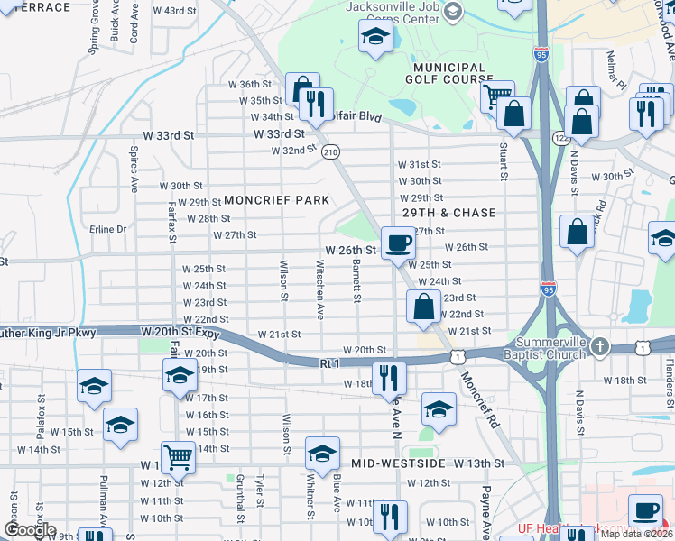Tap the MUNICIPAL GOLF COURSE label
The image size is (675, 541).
(x=448, y=73)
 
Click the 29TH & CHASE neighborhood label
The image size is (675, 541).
(x=449, y=213)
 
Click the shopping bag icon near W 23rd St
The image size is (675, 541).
(x=423, y=307)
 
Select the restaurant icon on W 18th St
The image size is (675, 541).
(x=389, y=377)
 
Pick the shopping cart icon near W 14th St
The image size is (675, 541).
(x=178, y=457)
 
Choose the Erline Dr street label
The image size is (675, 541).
(x=108, y=229)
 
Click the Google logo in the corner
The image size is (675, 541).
(x=29, y=530)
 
